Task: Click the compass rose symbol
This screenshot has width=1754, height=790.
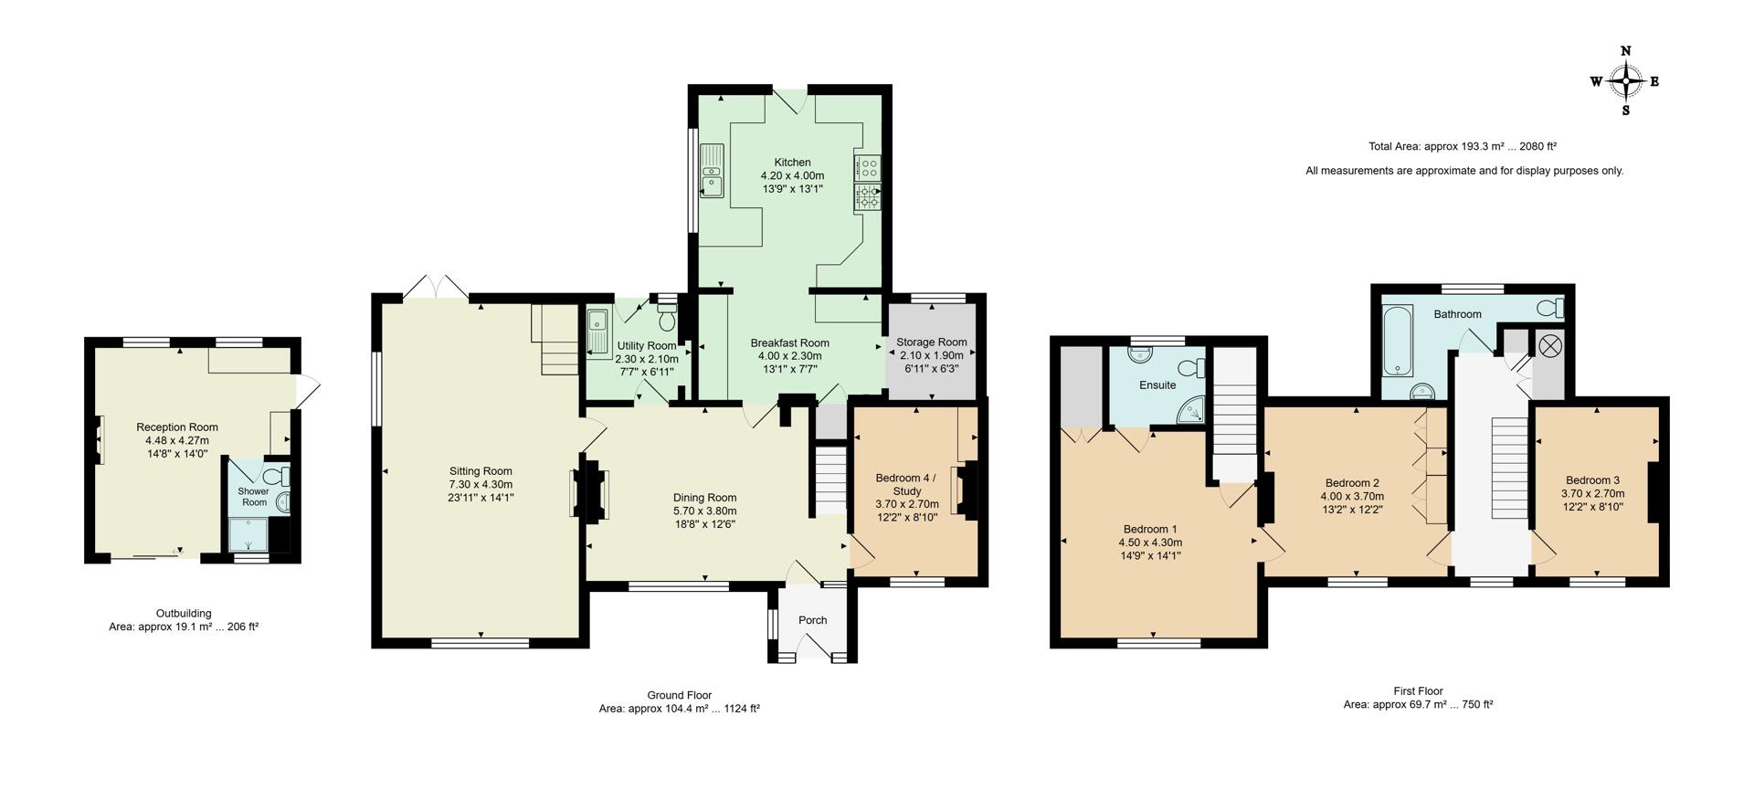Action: tap(1625, 81)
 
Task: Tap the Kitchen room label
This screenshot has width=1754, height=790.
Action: tap(792, 163)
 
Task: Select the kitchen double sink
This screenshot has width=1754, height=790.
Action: tap(711, 170)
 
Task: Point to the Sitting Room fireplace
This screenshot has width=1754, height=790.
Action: tap(589, 491)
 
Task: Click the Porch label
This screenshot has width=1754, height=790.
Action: tap(812, 620)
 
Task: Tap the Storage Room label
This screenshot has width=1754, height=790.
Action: tap(931, 342)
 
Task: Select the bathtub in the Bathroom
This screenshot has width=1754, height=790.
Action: tap(1398, 341)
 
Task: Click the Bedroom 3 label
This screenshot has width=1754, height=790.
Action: tap(1592, 480)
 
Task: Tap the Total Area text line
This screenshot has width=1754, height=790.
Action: tap(1462, 146)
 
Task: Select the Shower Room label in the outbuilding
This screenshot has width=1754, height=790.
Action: tap(253, 497)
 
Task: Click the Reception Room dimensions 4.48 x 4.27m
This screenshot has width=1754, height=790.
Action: tap(177, 440)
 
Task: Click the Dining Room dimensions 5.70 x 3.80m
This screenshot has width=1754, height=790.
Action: tap(704, 511)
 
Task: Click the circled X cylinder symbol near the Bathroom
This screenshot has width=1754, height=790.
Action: tap(1549, 345)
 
